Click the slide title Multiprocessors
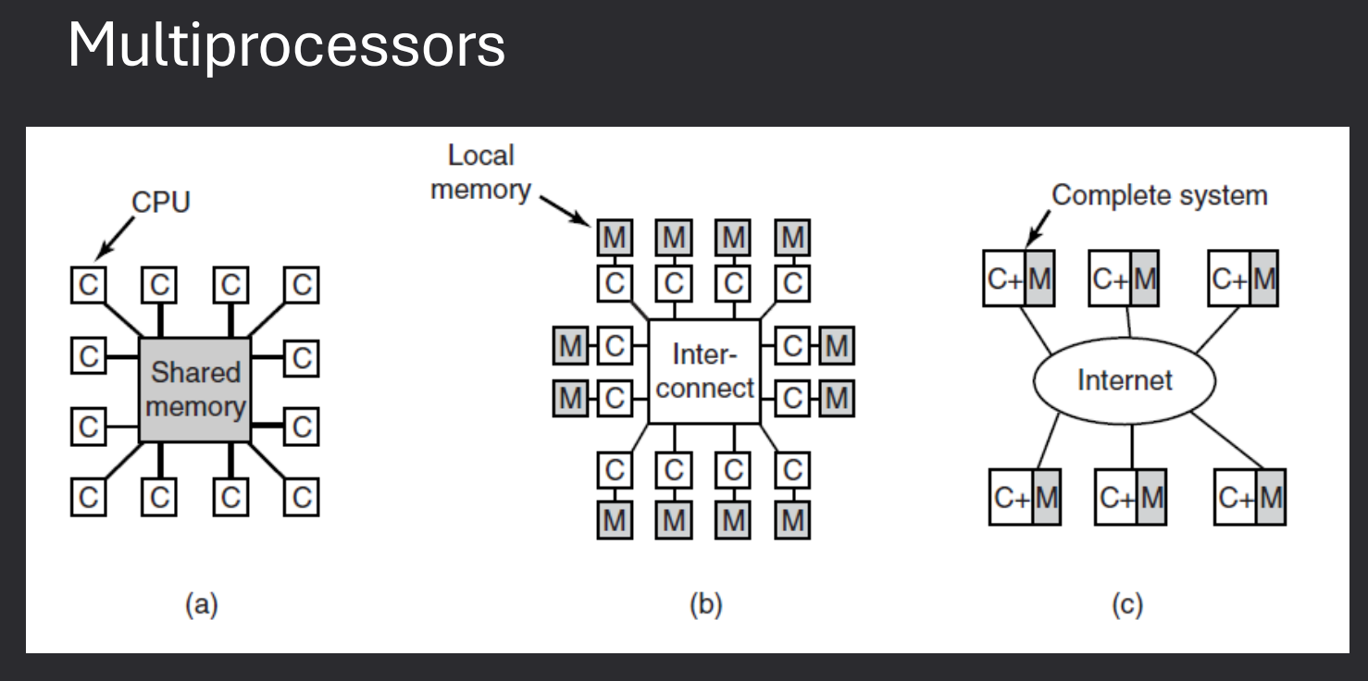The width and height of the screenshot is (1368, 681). [x=286, y=44]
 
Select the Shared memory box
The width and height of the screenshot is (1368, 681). [x=195, y=389]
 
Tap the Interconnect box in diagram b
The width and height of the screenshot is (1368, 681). [x=704, y=371]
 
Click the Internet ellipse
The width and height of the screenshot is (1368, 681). [x=1124, y=380]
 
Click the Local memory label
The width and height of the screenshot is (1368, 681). [x=480, y=172]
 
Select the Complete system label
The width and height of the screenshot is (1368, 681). [x=1159, y=195]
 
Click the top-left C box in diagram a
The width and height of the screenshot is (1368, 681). [x=88, y=285]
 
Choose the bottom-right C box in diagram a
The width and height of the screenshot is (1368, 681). [x=302, y=498]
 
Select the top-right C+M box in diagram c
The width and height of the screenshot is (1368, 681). [x=1243, y=278]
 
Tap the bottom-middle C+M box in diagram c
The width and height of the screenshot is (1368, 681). [x=1130, y=498]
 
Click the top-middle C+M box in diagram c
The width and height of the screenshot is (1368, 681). [x=1124, y=278]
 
